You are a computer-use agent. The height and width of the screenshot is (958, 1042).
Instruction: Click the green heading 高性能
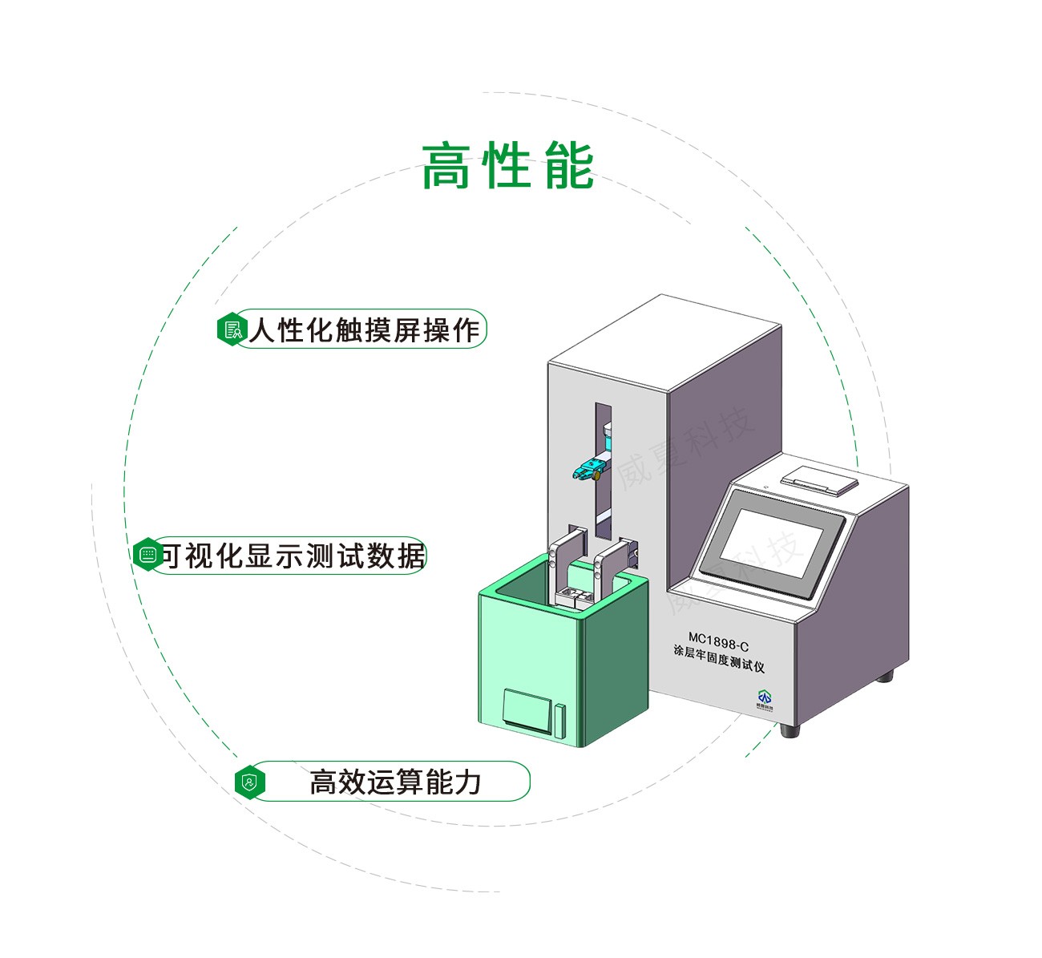507,167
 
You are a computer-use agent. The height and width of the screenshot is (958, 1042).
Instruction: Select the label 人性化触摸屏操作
364,329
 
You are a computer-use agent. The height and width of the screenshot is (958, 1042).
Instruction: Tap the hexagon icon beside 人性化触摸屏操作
232,329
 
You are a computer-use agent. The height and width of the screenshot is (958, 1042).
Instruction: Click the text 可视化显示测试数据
293,556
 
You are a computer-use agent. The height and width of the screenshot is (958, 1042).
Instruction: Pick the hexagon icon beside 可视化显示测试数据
147,555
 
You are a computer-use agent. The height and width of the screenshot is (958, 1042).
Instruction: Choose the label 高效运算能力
395,782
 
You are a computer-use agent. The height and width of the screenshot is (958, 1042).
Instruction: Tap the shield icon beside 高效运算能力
249,782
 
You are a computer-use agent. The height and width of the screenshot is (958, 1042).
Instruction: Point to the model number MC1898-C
718,642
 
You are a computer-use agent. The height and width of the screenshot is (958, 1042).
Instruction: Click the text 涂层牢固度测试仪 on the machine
718,658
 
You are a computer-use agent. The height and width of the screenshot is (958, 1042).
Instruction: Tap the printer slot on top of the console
818,479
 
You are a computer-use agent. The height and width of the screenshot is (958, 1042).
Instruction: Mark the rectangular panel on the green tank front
526,709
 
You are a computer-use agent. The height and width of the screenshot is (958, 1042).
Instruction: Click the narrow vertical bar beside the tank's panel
559,721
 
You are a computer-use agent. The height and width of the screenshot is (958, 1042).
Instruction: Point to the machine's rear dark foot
884,676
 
